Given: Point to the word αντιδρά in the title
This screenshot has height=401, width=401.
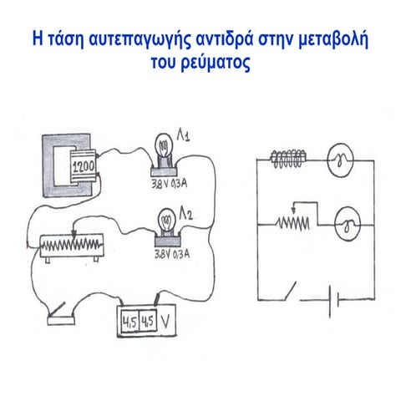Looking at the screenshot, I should [226, 39].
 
